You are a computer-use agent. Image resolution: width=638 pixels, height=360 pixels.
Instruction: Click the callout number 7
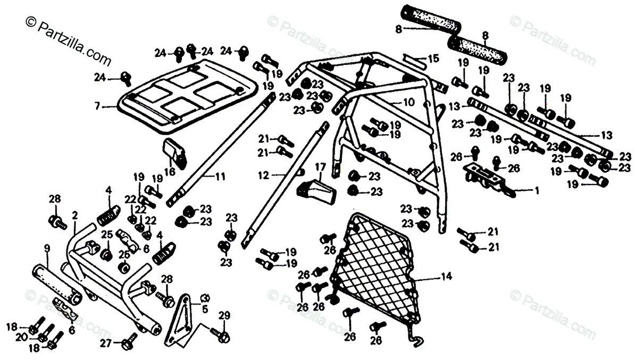coord(97,107)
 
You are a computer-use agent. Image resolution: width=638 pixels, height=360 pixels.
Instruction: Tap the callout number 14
coord(445,276)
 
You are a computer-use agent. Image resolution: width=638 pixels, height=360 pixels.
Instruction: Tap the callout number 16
coord(170,171)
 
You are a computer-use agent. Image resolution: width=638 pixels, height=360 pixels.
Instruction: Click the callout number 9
coord(47,247)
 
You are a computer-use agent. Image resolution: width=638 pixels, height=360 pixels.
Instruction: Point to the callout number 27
coord(106,344)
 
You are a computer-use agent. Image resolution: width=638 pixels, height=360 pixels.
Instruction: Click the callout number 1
coord(536,189)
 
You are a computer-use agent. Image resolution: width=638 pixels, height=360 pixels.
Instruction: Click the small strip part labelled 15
coord(414,58)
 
